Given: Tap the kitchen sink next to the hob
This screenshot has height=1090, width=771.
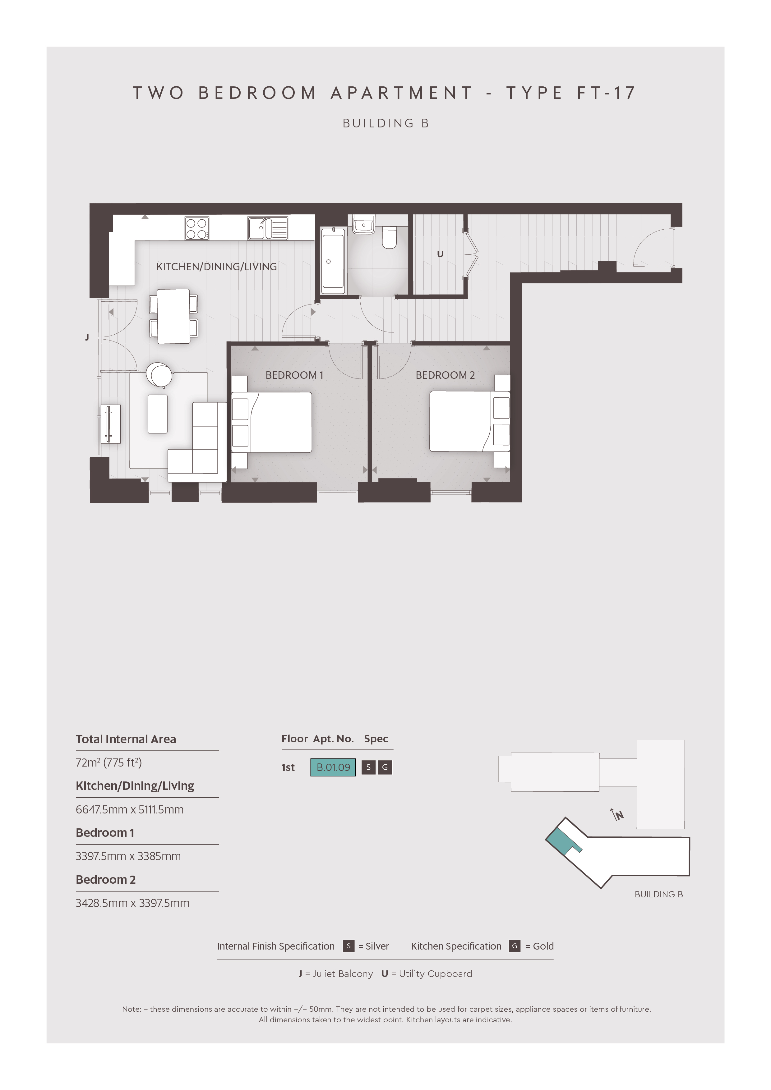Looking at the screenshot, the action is pos(267,228).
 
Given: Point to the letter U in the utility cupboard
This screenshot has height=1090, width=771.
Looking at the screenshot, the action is pos(440,254).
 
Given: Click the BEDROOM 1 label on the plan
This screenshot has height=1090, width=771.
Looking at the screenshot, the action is pos(294,375).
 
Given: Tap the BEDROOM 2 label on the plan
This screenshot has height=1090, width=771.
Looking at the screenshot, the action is pos(445,375).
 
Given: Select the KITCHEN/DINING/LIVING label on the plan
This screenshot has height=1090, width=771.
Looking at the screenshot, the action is pos(217,267).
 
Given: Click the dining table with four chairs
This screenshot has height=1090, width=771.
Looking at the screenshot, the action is pos(174,316).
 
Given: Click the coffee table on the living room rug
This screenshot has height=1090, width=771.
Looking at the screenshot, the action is pos(158,414).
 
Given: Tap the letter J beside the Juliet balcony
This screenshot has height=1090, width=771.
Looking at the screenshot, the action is pos(87,337).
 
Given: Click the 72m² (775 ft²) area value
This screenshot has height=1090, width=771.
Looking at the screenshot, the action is pos(109,763).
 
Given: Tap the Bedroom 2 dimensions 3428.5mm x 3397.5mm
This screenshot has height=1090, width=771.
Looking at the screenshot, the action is pos(132,903).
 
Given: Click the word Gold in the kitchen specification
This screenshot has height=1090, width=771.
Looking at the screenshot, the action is pos(543,946).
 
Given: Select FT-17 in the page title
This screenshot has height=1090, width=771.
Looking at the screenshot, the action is pos(606,93).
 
